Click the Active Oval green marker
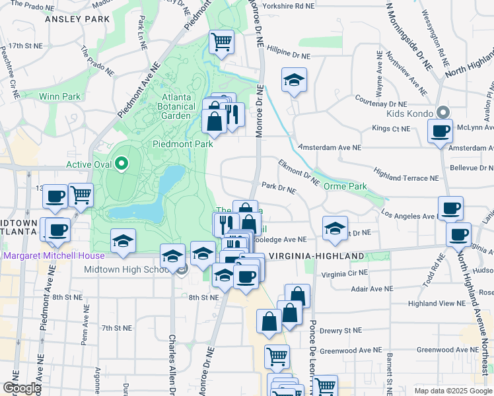click(121, 163)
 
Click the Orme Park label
click(345, 186)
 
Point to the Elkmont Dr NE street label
click(299, 172)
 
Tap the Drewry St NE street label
click(338, 330)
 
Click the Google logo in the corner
click(22, 388)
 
